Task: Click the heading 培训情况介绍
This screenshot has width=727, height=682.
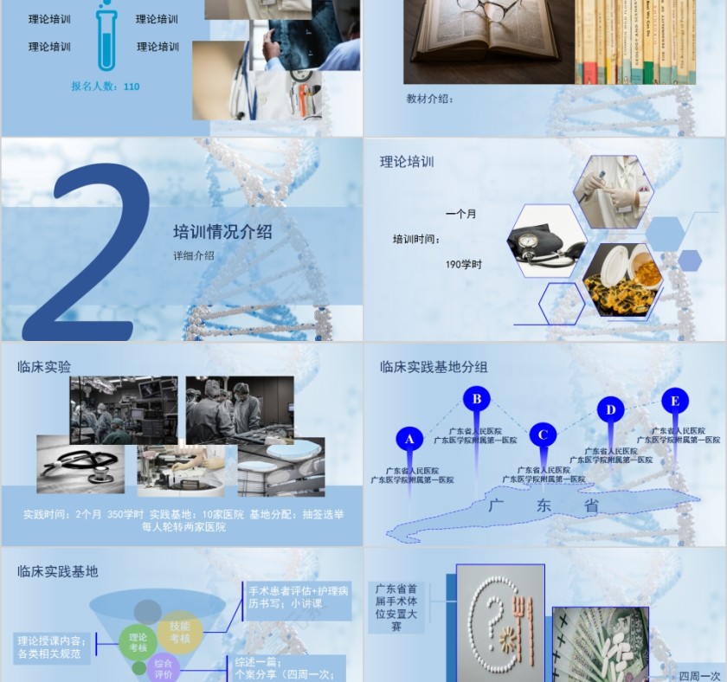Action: coord(222,232)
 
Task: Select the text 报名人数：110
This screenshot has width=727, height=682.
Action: coord(105,87)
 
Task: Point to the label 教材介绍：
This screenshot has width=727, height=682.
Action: coord(430,99)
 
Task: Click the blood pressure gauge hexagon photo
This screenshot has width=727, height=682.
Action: coord(546,241)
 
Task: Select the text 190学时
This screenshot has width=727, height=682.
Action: coord(464,265)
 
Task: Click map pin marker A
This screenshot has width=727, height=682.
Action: coord(410,440)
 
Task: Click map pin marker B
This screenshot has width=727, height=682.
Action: coord(476,400)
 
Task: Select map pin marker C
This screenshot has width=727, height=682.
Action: coord(543,434)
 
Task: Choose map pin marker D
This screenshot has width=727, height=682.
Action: coord(610,410)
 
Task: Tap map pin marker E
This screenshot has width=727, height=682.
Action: coord(675,401)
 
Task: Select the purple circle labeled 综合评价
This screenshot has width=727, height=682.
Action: coord(164,669)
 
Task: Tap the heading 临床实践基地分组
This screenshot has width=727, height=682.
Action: coord(434,367)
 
